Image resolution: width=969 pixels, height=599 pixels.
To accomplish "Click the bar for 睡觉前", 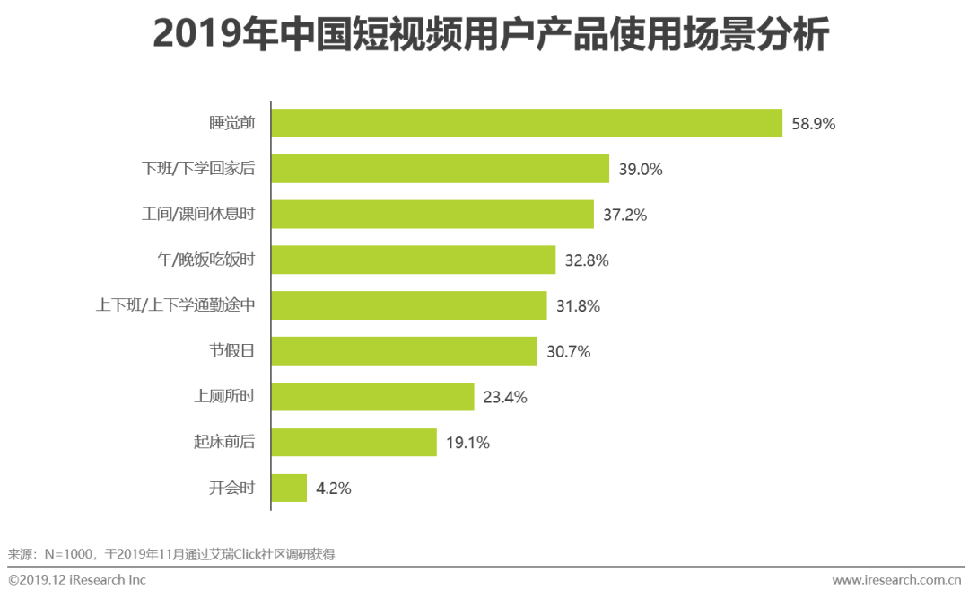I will (527, 123).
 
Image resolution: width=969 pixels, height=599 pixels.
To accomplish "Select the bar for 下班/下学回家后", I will (441, 169).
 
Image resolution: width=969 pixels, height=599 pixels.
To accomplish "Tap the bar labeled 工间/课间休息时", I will (432, 215).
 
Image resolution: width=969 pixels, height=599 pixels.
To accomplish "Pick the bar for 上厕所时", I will (372, 397).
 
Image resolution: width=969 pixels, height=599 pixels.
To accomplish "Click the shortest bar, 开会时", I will (289, 489).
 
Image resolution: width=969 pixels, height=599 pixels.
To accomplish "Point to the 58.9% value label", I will (813, 124).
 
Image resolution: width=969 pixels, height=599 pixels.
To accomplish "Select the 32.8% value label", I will (587, 260).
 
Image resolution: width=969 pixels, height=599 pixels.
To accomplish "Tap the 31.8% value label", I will (578, 306).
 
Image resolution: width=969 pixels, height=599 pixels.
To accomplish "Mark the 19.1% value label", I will (467, 443).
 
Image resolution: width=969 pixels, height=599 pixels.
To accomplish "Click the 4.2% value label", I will (333, 489).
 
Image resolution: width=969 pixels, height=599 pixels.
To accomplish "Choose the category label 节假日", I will (232, 351).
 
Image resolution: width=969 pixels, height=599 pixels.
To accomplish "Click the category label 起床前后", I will (224, 443).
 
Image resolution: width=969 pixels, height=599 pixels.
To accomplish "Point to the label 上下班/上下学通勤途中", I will (176, 306).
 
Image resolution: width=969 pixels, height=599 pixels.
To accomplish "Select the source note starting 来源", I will (170, 554).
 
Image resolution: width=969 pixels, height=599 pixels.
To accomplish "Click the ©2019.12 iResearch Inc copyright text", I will (76, 580).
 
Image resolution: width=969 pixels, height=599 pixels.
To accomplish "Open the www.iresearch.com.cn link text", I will (896, 580).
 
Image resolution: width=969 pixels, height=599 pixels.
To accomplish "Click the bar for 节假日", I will (404, 351).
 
